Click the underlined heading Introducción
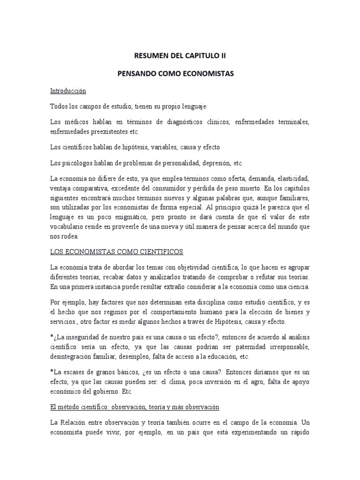coord(68,90)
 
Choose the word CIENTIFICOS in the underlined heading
coord(159,252)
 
